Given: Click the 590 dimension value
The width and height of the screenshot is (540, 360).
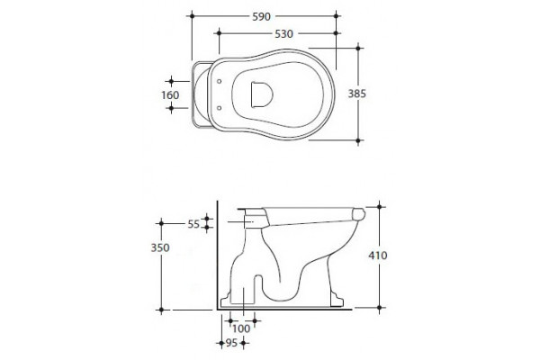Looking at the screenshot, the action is [261, 16].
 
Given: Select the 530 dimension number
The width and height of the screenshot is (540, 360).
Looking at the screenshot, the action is [283, 34].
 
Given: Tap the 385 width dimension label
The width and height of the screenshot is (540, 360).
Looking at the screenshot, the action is [356, 94].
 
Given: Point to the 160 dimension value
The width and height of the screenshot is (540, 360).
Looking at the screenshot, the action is [170, 95].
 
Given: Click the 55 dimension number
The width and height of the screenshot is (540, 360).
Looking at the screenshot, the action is [193, 224].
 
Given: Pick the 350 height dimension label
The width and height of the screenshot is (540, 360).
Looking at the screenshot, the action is [160, 247].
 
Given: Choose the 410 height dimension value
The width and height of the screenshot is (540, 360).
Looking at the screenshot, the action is [378, 256].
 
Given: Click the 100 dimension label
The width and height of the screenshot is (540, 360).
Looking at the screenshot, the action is [241, 328].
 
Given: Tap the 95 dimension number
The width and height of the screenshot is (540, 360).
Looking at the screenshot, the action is [231, 343].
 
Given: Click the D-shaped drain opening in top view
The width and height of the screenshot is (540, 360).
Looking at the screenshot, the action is [262, 94].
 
